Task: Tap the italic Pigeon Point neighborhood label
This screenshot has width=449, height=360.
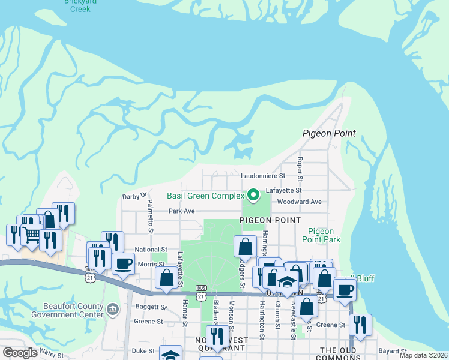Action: click(x=329, y=133)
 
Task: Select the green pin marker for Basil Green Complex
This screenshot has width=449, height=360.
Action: click(x=253, y=195)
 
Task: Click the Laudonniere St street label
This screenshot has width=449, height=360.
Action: click(x=264, y=177)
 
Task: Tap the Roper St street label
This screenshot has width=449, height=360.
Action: click(x=300, y=168)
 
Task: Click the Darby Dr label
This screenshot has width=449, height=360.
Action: click(x=134, y=196)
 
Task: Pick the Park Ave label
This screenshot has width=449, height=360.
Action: click(x=182, y=211)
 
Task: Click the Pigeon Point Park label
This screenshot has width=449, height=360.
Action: click(x=324, y=235)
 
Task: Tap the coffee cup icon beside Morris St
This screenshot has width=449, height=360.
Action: click(x=123, y=264)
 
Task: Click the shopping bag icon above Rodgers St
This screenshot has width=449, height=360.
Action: click(x=245, y=247)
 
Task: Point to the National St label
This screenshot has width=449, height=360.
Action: click(x=151, y=249)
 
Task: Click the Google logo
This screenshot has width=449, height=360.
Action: click(x=20, y=353)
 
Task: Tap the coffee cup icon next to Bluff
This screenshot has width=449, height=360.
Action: click(x=345, y=290)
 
